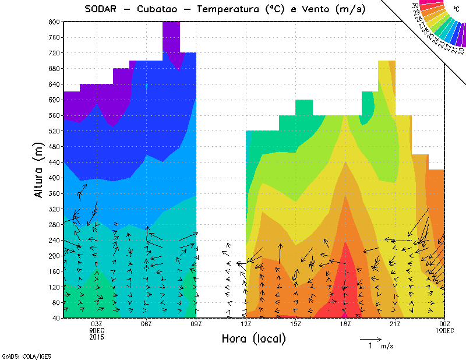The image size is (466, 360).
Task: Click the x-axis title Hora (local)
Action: pos(253,338)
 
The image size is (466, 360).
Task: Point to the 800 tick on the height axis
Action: pos(54,22)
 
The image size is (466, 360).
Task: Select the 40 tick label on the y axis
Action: pos(55,318)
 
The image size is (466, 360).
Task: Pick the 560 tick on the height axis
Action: pos(54,115)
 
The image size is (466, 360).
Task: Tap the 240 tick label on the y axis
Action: pos(54,240)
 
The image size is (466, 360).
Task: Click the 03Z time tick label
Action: pos(97,324)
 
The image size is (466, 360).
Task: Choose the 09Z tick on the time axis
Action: pos(196,324)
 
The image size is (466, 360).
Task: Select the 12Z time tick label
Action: pos(246,324)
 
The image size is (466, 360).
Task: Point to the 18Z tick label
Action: pos(345,324)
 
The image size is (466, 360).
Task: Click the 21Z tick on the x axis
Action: pos(395,324)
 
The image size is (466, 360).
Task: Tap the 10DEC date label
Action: pos(445,330)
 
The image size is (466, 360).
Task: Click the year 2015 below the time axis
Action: pos(97,337)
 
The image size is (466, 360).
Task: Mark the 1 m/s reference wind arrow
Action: pos(370,338)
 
